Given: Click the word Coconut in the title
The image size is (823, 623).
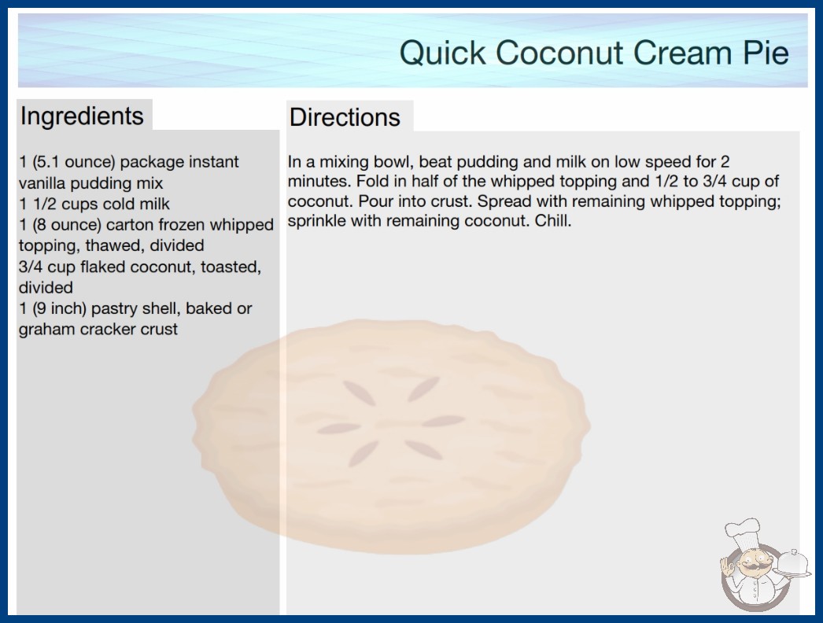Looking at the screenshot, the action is pyautogui.click(x=559, y=53).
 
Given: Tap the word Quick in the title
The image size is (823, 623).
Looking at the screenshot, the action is pyautogui.click(x=443, y=53).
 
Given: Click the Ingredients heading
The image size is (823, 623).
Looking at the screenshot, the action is pyautogui.click(x=82, y=116).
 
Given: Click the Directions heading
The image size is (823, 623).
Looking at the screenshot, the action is pyautogui.click(x=345, y=117).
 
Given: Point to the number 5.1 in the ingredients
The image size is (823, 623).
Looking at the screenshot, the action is pyautogui.click(x=47, y=162).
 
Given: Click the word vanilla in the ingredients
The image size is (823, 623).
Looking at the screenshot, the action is pyautogui.click(x=42, y=183).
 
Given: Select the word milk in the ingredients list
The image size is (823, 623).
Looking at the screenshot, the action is pyautogui.click(x=154, y=204).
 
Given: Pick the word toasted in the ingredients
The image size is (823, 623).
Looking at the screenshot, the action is pyautogui.click(x=231, y=267).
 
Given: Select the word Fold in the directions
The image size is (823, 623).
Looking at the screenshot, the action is pyautogui.click(x=370, y=181).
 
